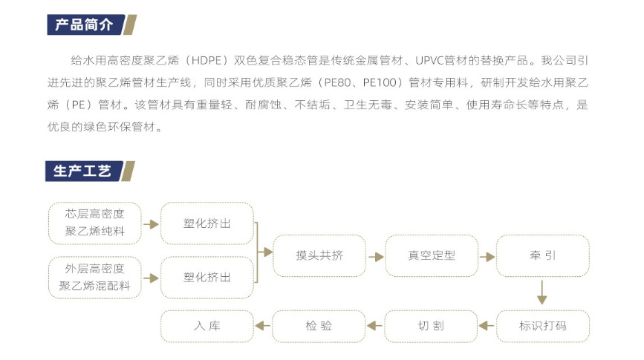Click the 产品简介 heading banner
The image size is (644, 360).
[x=91, y=24]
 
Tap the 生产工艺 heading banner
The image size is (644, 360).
[x=90, y=171]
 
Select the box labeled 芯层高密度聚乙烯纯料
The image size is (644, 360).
[x=95, y=223]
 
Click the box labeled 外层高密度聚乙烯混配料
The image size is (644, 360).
[x=95, y=278]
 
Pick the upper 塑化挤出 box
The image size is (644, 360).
[x=207, y=223]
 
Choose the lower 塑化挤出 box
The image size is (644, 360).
[x=207, y=278]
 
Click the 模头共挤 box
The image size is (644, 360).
[x=319, y=256]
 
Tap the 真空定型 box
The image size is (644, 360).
[x=432, y=256]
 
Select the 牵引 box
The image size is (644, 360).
[x=543, y=256]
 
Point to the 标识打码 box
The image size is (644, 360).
[x=543, y=327]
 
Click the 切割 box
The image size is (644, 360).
[x=431, y=327]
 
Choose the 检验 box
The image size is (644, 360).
[x=319, y=327]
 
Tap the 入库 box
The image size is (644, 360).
[x=207, y=327]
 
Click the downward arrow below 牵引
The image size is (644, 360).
[x=542, y=292]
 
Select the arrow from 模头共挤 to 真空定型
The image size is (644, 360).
[x=376, y=257]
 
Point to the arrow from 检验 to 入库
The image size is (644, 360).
[x=263, y=326]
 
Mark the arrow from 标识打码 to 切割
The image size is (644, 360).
[x=487, y=326]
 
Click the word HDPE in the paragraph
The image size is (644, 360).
[x=206, y=60]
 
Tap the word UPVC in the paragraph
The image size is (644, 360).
[x=429, y=60]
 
